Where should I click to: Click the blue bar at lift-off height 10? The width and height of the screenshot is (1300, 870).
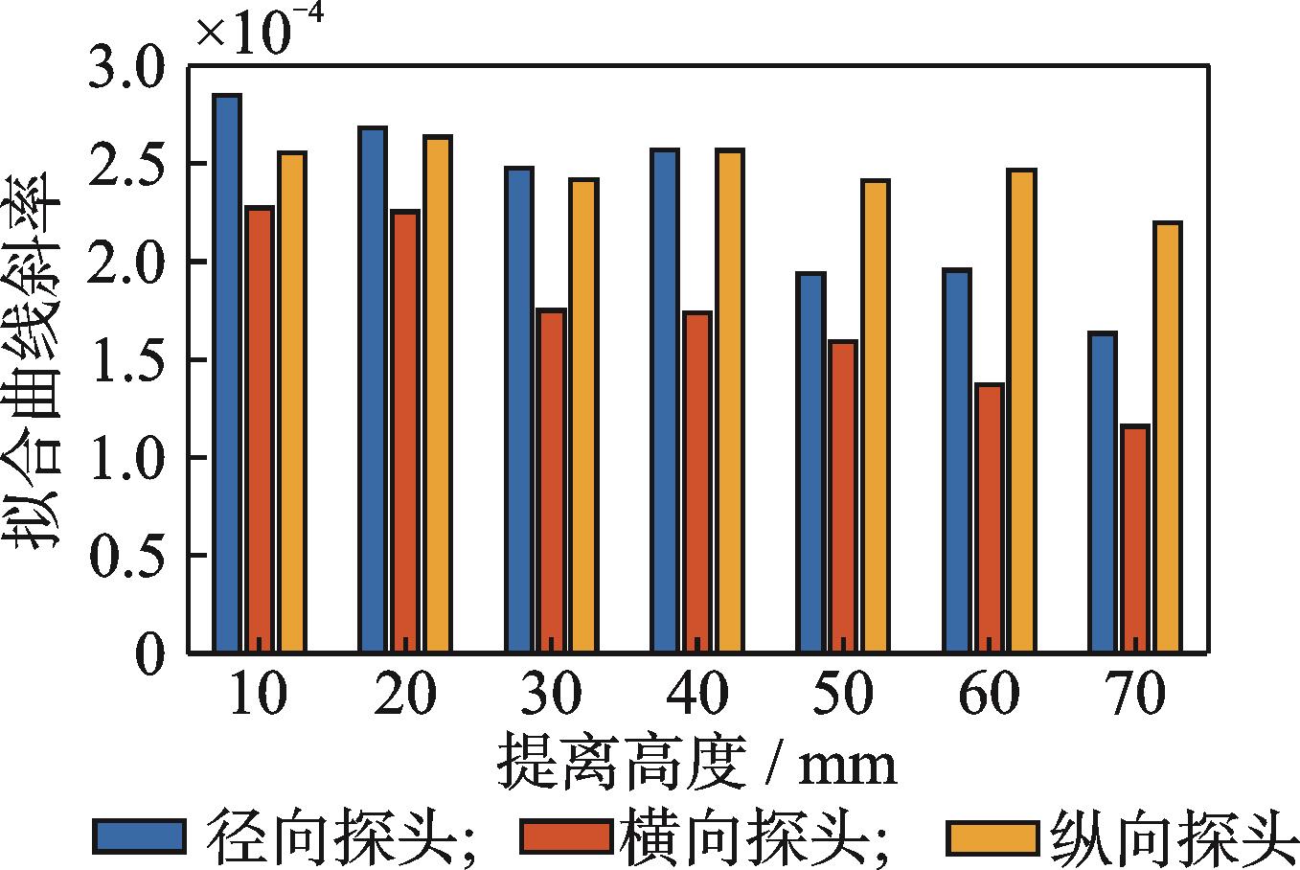pos(227,374)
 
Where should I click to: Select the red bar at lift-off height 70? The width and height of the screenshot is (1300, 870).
pos(1135,538)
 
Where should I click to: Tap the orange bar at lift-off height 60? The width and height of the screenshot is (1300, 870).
pos(1021,411)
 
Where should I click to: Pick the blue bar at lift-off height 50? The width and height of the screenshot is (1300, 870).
pos(810,463)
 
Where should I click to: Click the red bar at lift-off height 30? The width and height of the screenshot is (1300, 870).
pos(551,481)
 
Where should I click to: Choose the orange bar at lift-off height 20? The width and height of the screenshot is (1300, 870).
pos(438,395)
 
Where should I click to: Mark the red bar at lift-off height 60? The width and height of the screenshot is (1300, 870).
pos(989,518)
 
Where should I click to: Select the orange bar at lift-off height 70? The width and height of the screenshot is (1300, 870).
pos(1167,437)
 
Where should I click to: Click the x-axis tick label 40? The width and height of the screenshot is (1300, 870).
pos(696,695)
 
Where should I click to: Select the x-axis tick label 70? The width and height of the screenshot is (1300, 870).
pos(1135,695)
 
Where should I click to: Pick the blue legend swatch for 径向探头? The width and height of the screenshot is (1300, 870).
pos(139,836)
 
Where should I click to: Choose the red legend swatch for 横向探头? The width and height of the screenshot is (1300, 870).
pos(565,836)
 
